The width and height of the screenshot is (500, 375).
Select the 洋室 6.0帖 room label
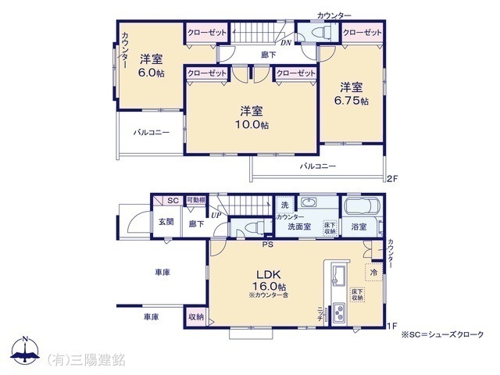pos(152,66)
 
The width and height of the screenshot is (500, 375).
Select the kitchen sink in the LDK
pos(340,274)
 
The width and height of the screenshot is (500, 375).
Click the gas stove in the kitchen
pos(341,314)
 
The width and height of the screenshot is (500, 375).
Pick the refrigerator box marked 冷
pos(374,273)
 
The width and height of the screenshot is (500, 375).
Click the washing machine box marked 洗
pos(285,204)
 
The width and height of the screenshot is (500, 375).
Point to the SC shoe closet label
pos(173,201)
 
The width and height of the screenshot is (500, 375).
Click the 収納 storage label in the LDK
pos(196,316)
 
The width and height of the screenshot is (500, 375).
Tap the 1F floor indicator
pos(394,325)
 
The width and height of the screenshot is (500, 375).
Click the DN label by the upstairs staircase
pos(287,42)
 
